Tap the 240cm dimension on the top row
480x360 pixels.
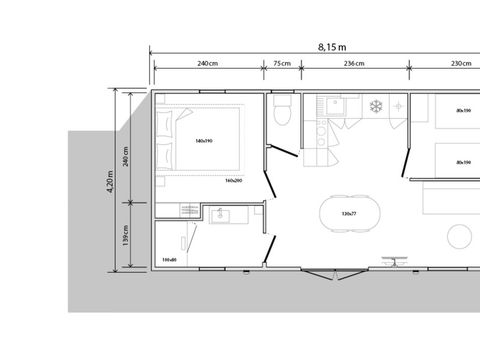[x=207, y=65]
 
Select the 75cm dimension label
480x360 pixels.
[x=282, y=65]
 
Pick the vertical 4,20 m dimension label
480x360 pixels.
[x=112, y=181]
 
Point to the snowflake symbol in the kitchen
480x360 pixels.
[x=378, y=107]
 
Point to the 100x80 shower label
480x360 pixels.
[x=169, y=260]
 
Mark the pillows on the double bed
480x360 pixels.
[x=166, y=141]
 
